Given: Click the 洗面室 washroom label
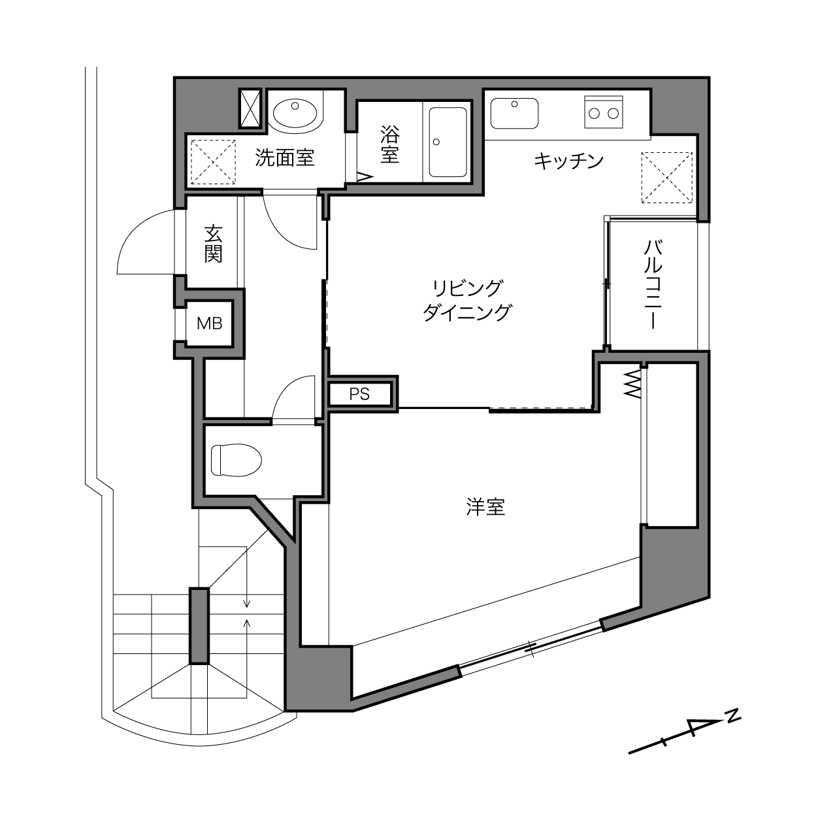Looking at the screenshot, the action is point(284,158).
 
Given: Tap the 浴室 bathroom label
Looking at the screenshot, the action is point(389,144).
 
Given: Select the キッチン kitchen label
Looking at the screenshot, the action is point(568,161).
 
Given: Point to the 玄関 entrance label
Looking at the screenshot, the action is point(213,244).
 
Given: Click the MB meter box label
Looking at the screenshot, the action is point(210,323).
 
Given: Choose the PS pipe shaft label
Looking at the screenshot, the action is point(359,395).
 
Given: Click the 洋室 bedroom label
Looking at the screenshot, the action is point(485,507).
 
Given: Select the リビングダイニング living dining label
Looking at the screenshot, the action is point(467,300).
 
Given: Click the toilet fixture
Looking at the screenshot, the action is point(236,460).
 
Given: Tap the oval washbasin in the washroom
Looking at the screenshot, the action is point(295,113).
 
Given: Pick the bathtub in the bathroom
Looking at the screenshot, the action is point(448,142).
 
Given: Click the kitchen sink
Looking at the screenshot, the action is point(514,113).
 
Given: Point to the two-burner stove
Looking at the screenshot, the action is point(604,112).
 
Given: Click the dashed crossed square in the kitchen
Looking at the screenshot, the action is point(667,178).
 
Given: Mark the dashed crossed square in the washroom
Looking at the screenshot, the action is point(213,162).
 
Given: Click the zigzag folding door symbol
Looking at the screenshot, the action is point(632,384).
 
